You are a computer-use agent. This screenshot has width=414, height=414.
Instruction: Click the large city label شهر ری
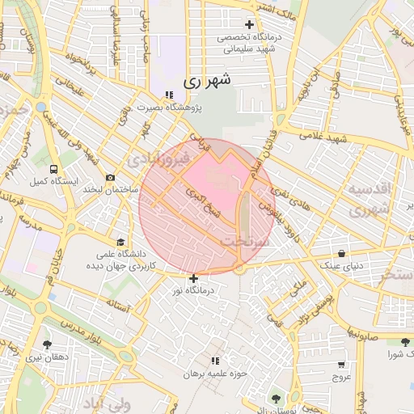click(207, 81)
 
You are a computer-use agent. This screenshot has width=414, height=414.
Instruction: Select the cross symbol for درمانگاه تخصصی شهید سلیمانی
click(249, 23)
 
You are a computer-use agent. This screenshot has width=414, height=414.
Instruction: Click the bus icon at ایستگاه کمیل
click(53, 170)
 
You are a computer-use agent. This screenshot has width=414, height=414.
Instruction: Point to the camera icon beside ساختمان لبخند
click(110, 177)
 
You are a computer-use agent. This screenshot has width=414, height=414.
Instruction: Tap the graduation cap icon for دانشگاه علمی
click(121, 241)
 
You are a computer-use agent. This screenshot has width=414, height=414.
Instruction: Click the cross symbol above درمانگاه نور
click(193, 278)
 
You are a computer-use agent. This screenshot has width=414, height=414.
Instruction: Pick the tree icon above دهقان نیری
click(46, 344)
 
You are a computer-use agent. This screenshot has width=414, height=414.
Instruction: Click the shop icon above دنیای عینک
click(343, 253)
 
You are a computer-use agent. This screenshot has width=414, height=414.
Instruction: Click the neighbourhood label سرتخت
click(243, 241)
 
